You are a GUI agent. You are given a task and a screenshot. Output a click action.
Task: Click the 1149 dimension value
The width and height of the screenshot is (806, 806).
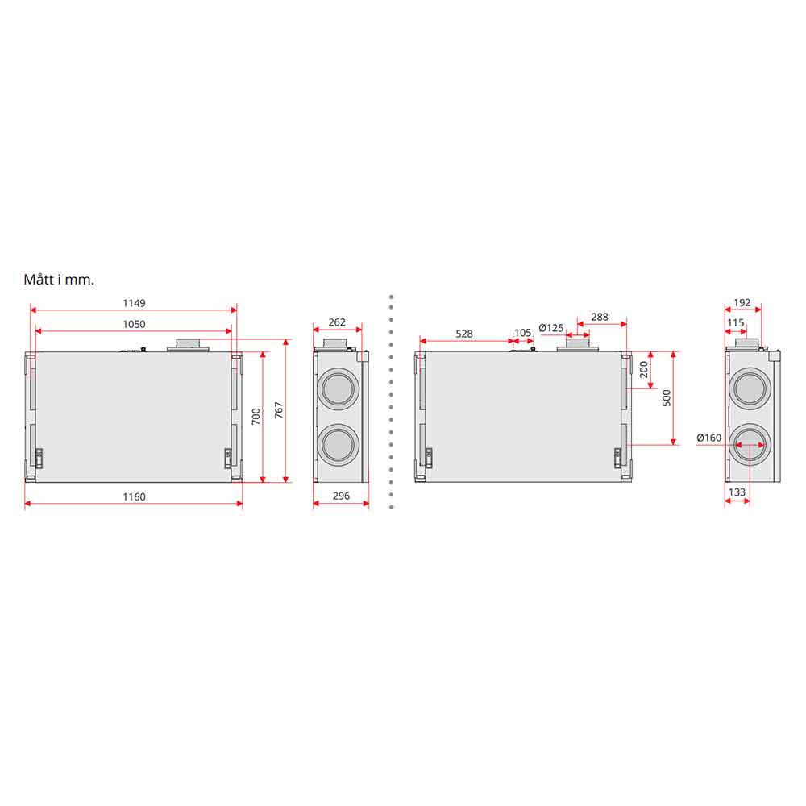pos(134,303)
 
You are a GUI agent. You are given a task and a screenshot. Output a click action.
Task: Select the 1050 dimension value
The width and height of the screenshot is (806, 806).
pos(134,324)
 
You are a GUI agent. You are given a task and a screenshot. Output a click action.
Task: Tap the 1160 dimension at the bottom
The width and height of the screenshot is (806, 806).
pos(134,496)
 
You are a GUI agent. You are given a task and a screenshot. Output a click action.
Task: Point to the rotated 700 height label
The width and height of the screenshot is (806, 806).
pos(256,417)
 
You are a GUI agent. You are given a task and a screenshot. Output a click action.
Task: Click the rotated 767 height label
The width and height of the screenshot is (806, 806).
pos(279,409)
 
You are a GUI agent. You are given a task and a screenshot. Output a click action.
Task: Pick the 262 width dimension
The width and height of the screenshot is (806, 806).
pos(337,322)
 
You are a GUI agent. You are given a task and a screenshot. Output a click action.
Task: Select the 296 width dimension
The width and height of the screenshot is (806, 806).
pos(341,496)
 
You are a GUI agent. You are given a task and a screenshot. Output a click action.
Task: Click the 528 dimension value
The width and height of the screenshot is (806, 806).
pos(463,334)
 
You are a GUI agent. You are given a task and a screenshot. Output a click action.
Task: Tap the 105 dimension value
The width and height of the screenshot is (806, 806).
pos(523,333)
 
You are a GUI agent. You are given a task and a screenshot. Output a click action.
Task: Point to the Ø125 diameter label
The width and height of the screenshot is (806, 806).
pos(551,327)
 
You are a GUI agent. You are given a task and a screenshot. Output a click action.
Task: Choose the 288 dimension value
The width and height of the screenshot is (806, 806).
pos(600,317)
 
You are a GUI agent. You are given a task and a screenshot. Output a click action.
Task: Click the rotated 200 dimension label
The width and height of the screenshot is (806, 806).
pos(644,369)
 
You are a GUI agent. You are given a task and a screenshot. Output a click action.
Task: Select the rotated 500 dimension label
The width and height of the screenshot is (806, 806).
pos(667,398)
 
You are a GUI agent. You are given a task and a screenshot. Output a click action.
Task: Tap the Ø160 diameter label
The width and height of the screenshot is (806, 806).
pos(708,438)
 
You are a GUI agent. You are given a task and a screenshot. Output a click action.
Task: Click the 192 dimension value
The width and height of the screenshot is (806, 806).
pos(742,303)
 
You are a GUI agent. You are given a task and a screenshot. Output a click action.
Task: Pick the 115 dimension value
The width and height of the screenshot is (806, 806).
pos(736,322)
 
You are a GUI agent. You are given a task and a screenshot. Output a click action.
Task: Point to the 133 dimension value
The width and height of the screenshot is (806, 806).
pos(737,492)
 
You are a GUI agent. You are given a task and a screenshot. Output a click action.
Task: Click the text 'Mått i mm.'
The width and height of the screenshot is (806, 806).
pos(59,280)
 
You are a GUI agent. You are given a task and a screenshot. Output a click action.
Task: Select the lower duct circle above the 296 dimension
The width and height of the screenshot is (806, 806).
pos(339,444)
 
